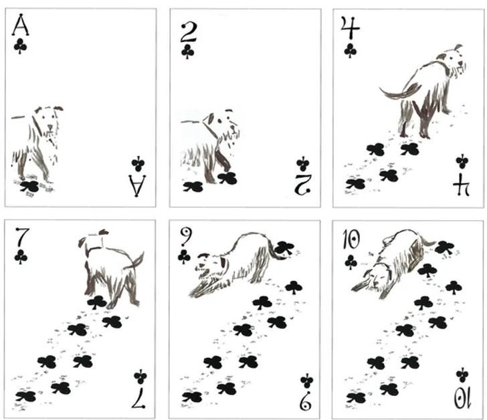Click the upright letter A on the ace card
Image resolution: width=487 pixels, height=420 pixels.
[21, 25]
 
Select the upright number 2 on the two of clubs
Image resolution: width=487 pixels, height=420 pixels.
[188, 32]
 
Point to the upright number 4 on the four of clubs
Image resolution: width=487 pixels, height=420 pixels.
[350, 27]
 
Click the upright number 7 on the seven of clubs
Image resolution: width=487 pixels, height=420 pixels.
[22, 237]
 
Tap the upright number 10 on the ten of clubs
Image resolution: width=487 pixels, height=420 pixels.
[351, 240]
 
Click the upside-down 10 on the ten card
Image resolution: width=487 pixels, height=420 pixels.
[463, 399]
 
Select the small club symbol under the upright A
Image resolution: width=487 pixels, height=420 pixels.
[20, 46]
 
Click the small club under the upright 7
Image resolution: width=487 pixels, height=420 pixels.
[21, 257]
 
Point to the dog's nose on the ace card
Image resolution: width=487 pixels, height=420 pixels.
[50, 126]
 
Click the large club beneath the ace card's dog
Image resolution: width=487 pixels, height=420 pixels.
[30, 186]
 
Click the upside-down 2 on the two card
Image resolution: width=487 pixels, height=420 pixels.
[302, 185]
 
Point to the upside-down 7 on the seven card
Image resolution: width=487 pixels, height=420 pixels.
[138, 399]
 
